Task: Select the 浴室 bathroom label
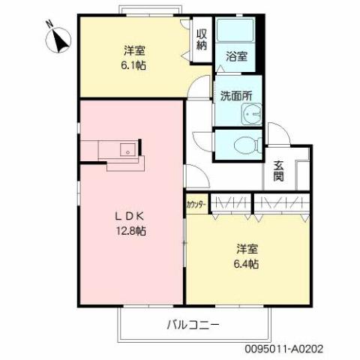pos(235,56)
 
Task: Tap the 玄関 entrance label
pos(278,171)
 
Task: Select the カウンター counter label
pos(196,203)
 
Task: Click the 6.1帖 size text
pos(134,65)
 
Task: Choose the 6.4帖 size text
pos(248,263)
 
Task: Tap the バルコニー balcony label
pos(192,325)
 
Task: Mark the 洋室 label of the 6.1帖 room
pos(134,52)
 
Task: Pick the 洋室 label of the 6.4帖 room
pos(248,249)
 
